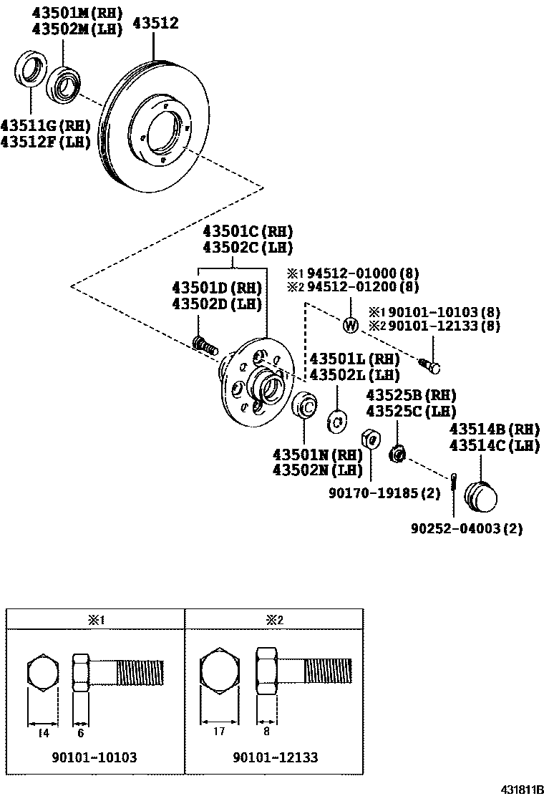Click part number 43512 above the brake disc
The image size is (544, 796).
coord(153,24)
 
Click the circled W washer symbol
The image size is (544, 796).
coord(350,325)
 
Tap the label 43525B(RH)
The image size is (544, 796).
coord(411,395)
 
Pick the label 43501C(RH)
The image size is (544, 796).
coord(248,232)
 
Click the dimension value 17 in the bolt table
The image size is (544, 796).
coord(219,731)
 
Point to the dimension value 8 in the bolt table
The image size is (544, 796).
coord(267,731)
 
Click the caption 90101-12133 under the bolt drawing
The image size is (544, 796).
coord(276,757)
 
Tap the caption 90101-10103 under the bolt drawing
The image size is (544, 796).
coord(94,757)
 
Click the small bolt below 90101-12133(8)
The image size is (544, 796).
coord(432,367)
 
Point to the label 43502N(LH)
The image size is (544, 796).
coord(318,470)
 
